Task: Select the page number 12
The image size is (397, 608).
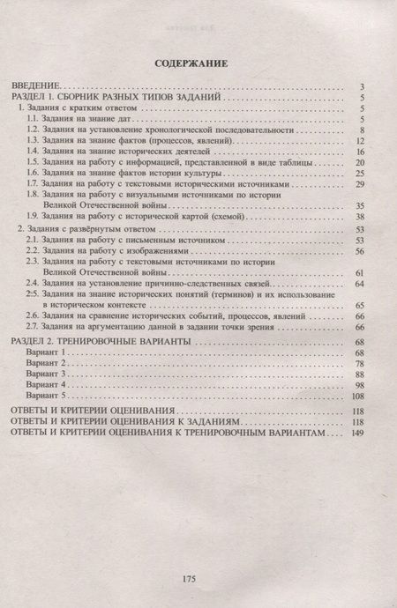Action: [360, 140]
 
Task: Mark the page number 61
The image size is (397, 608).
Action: [360, 272]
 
